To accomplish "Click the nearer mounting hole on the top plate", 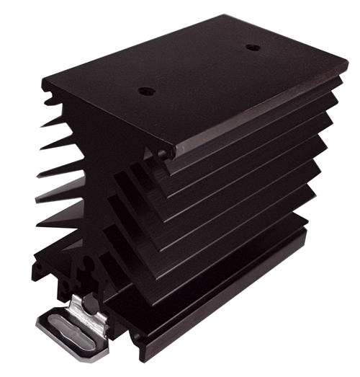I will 146,92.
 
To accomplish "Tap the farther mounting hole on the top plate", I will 252,48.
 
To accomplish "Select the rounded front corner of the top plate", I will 166,154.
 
